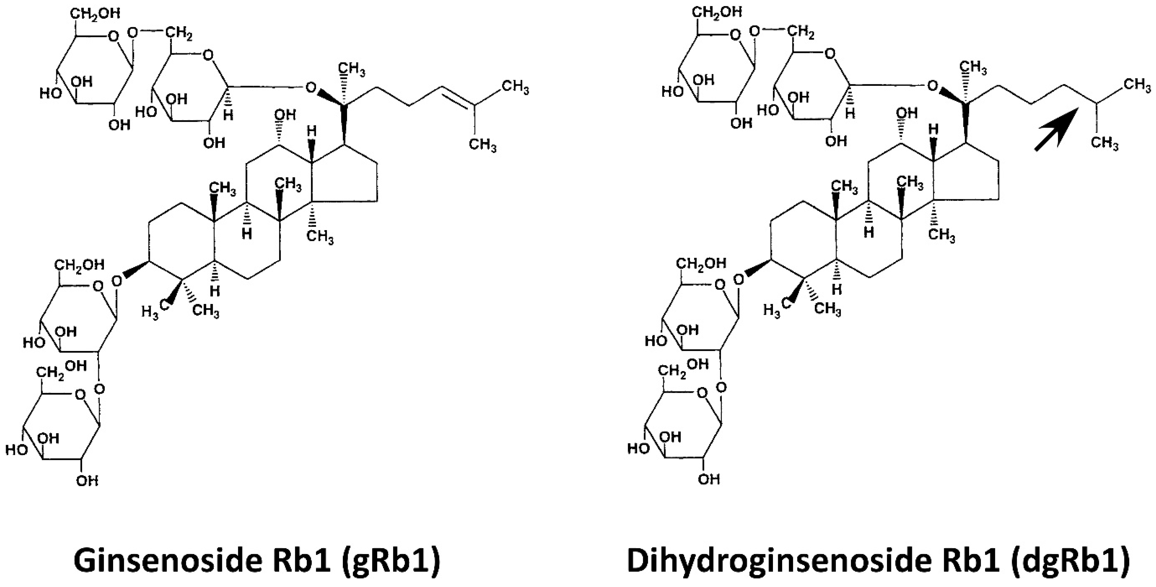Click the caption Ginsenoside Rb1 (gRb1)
point(257,560)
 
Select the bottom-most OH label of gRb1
point(87,481)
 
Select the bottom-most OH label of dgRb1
point(709,480)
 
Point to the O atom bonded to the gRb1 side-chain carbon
point(311,87)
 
